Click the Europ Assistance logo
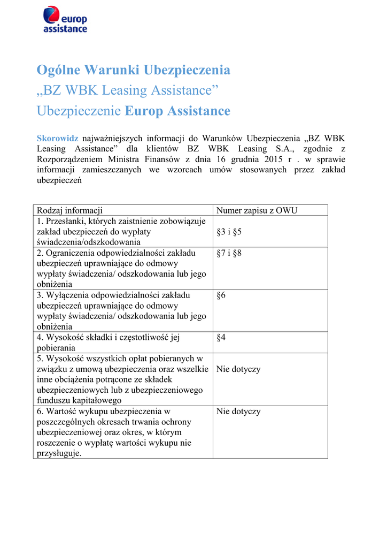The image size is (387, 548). tap(65, 20)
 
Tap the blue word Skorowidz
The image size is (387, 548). tap(57, 138)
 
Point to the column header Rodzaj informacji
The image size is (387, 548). tap(69, 210)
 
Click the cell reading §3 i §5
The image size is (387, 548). tap(229, 232)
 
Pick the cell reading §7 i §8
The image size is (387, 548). tap(229, 253)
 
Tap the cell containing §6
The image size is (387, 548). tap(221, 295)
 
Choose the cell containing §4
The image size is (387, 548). tap(221, 337)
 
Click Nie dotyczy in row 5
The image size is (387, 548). tap(238, 369)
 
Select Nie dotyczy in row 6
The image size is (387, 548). tap(238, 412)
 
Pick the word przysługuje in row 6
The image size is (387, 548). tap(58, 453)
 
